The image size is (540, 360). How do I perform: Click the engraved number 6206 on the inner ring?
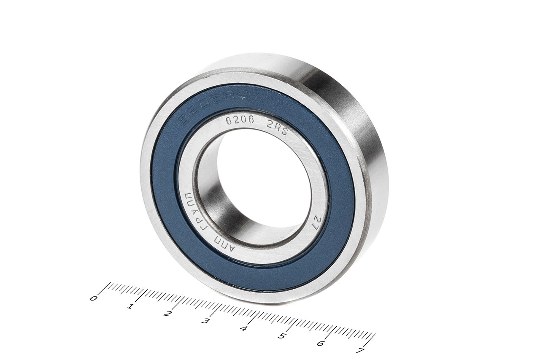239,120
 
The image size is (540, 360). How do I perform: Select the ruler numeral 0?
94,298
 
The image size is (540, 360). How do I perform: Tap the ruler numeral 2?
168,314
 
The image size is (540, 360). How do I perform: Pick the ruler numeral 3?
205,321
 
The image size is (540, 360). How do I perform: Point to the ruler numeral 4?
243,328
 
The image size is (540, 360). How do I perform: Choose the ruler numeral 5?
281,336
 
